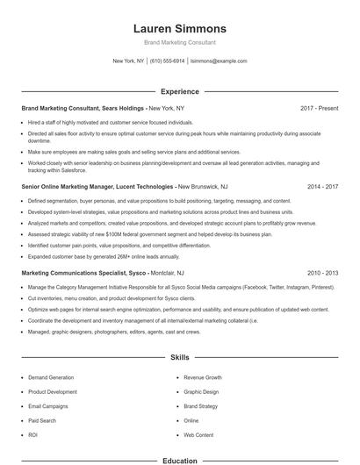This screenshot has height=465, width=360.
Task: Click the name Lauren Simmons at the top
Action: [179, 28]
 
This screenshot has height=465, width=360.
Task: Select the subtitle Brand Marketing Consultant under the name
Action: [179, 42]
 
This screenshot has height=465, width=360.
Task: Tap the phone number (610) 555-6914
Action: [167, 61]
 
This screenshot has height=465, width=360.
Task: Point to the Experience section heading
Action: [179, 90]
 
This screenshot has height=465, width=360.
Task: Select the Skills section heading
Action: [179, 358]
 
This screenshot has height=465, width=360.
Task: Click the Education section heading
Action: [179, 460]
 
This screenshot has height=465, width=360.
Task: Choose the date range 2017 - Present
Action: [319, 108]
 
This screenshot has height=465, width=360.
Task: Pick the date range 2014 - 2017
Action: [322, 187]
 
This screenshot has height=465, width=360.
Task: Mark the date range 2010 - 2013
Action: [322, 273]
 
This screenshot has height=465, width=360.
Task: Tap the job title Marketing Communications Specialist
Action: [73, 273]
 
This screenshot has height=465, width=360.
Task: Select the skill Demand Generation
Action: [51, 377]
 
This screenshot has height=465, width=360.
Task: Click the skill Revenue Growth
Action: [202, 377]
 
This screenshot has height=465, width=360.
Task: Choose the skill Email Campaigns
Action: [48, 405]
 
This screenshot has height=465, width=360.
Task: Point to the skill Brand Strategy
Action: [201, 405]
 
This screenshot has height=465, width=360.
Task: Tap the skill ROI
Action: [32, 434]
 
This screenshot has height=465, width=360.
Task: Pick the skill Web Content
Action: [198, 434]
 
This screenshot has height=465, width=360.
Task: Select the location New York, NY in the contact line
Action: [128, 61]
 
